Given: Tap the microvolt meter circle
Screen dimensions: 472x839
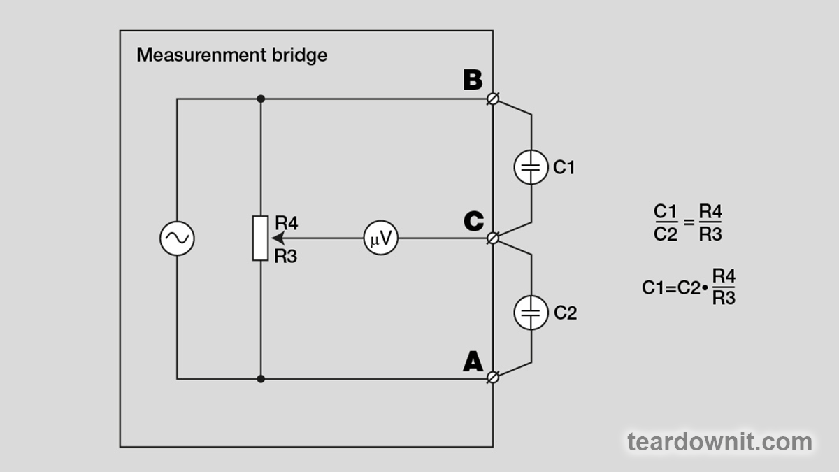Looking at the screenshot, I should [381, 238].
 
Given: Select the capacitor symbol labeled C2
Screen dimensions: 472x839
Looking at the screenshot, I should [531, 313].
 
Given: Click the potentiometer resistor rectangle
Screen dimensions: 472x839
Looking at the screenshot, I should [260, 238].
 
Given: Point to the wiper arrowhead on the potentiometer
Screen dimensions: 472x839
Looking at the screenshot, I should [270, 238].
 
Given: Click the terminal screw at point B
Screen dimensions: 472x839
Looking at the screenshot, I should [493, 99].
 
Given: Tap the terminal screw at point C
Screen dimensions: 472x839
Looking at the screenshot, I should [493, 238].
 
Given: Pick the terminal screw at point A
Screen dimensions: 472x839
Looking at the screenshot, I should [493, 378].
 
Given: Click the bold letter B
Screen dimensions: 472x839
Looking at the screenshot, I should [473, 80].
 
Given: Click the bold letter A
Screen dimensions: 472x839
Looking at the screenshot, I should [473, 362].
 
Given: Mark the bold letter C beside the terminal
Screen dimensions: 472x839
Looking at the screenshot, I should [473, 221].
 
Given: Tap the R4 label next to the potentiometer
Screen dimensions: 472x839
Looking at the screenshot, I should [287, 223].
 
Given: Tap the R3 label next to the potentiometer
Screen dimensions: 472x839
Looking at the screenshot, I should [286, 257].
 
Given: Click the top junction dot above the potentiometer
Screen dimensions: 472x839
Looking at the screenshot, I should [260, 99].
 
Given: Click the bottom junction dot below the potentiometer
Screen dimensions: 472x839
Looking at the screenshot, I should [260, 378].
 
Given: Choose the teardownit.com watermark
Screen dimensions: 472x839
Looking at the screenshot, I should [719, 442].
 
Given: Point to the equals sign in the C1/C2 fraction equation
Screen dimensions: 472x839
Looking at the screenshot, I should [688, 222].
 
